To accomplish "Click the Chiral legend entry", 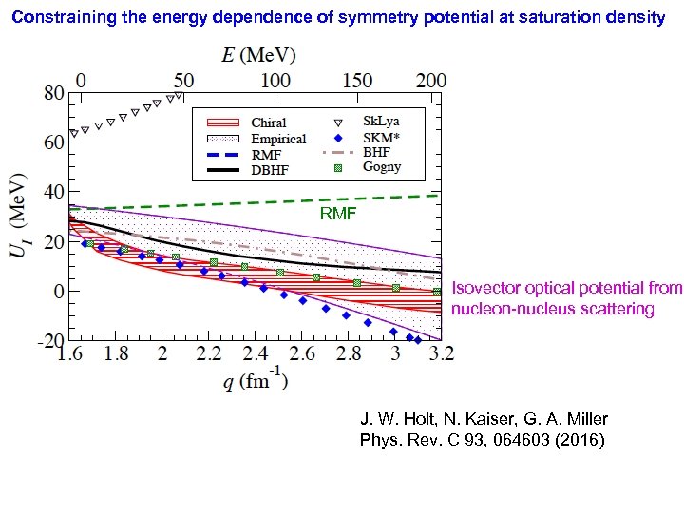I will (x=269, y=123).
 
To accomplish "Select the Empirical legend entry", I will (x=278, y=139).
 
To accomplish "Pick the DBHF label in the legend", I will (x=271, y=170).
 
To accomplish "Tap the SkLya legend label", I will (x=381, y=122).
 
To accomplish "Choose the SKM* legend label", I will (x=381, y=137).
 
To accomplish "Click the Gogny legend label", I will (x=382, y=167).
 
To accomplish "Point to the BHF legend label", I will (x=376, y=152).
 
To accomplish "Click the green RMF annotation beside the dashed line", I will (x=338, y=215).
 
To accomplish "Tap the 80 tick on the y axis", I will (x=53, y=93).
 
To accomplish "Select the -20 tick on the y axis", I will (x=50, y=340).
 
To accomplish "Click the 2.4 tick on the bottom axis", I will (x=256, y=354).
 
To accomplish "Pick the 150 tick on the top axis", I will (x=356, y=80).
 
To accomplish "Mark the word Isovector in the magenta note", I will (x=483, y=287).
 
